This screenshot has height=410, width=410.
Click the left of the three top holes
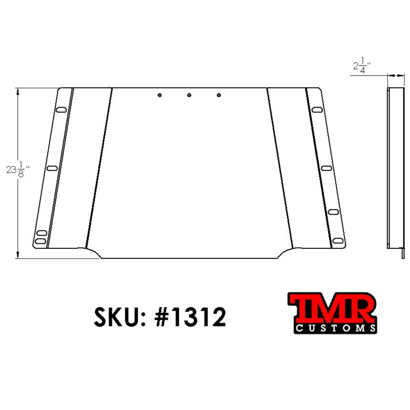[x=160, y=95]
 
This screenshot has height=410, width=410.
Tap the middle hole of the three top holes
[x=189, y=96]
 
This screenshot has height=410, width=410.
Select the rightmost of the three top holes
[x=219, y=96]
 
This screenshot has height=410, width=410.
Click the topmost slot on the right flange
[x=316, y=110]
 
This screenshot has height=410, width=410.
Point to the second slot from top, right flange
[x=326, y=168]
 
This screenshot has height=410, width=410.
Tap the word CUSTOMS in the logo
[x=334, y=328]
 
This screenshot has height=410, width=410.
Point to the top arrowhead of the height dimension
[x=18, y=90]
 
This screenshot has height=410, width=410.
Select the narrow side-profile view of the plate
[x=395, y=167]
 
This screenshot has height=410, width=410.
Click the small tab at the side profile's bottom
[x=403, y=252]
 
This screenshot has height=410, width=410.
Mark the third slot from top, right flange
[x=334, y=211]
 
